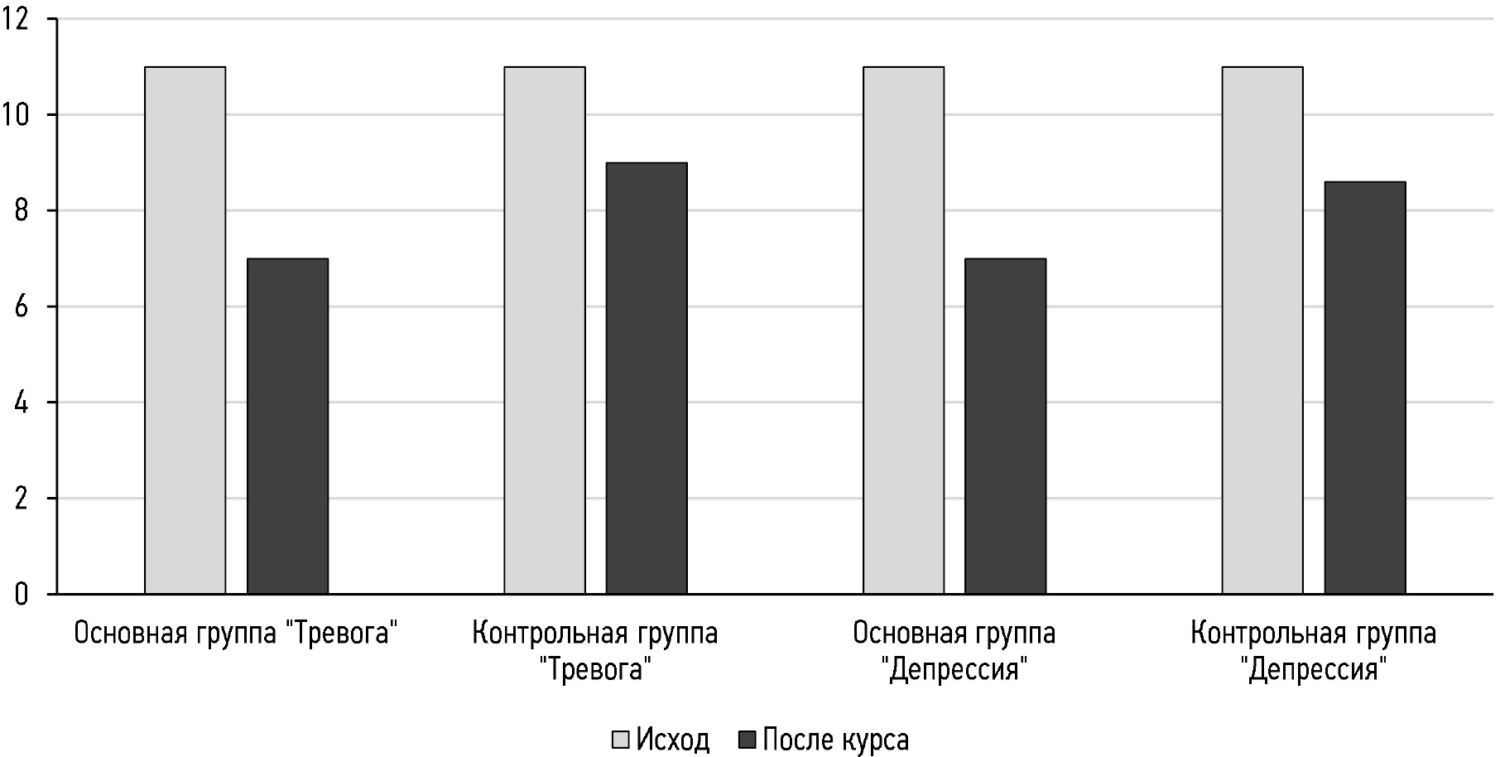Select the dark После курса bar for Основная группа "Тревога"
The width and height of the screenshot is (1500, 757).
click(287, 426)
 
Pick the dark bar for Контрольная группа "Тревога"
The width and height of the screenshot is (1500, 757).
click(647, 378)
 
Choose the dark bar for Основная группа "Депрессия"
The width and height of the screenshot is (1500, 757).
click(1005, 426)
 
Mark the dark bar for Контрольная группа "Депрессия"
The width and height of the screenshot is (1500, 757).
click(1364, 388)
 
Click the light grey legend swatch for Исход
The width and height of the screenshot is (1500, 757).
click(621, 739)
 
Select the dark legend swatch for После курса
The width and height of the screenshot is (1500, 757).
click(748, 739)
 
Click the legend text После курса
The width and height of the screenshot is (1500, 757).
click(835, 739)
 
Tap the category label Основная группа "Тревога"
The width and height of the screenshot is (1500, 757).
click(237, 634)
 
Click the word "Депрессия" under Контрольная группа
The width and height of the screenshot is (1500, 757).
click(1314, 668)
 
